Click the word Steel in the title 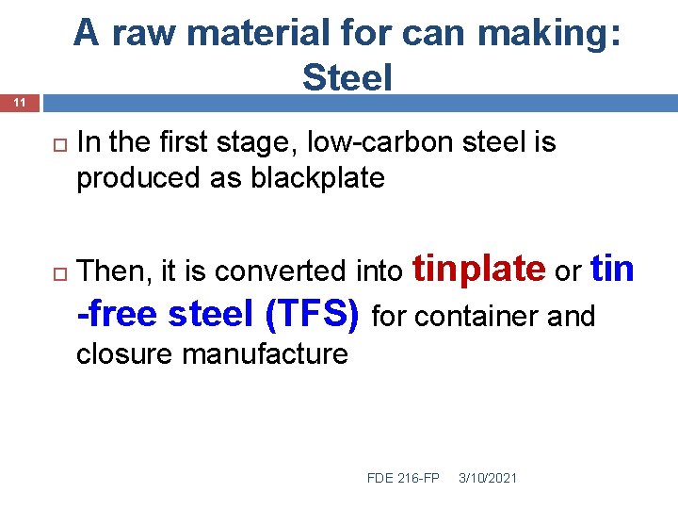(x=347, y=77)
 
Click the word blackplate (x=317, y=177)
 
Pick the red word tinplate (x=479, y=269)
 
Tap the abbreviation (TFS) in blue (x=313, y=314)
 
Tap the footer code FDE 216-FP (x=403, y=478)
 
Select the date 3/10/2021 (x=487, y=478)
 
